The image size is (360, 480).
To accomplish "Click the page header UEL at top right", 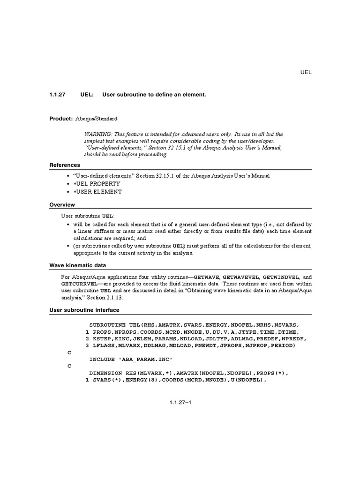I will (x=306, y=72).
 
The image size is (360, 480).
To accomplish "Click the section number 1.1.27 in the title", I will (x=58, y=95).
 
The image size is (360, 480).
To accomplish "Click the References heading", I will (x=65, y=165).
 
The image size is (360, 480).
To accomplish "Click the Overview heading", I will (x=62, y=205).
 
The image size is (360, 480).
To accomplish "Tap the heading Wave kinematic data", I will (x=78, y=265).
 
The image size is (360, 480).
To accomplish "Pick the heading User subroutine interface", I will (x=84, y=310).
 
